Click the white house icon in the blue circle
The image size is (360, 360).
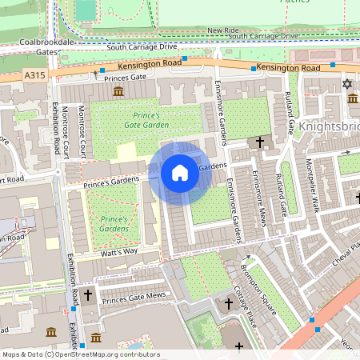[180, 172]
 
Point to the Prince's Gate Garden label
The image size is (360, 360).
[145, 120]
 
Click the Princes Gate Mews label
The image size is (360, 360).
[134, 299]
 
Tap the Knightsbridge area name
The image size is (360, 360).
[330, 126]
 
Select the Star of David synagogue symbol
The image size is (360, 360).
[346, 84]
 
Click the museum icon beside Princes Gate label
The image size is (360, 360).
[118, 93]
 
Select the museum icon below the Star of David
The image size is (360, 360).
[353, 98]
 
